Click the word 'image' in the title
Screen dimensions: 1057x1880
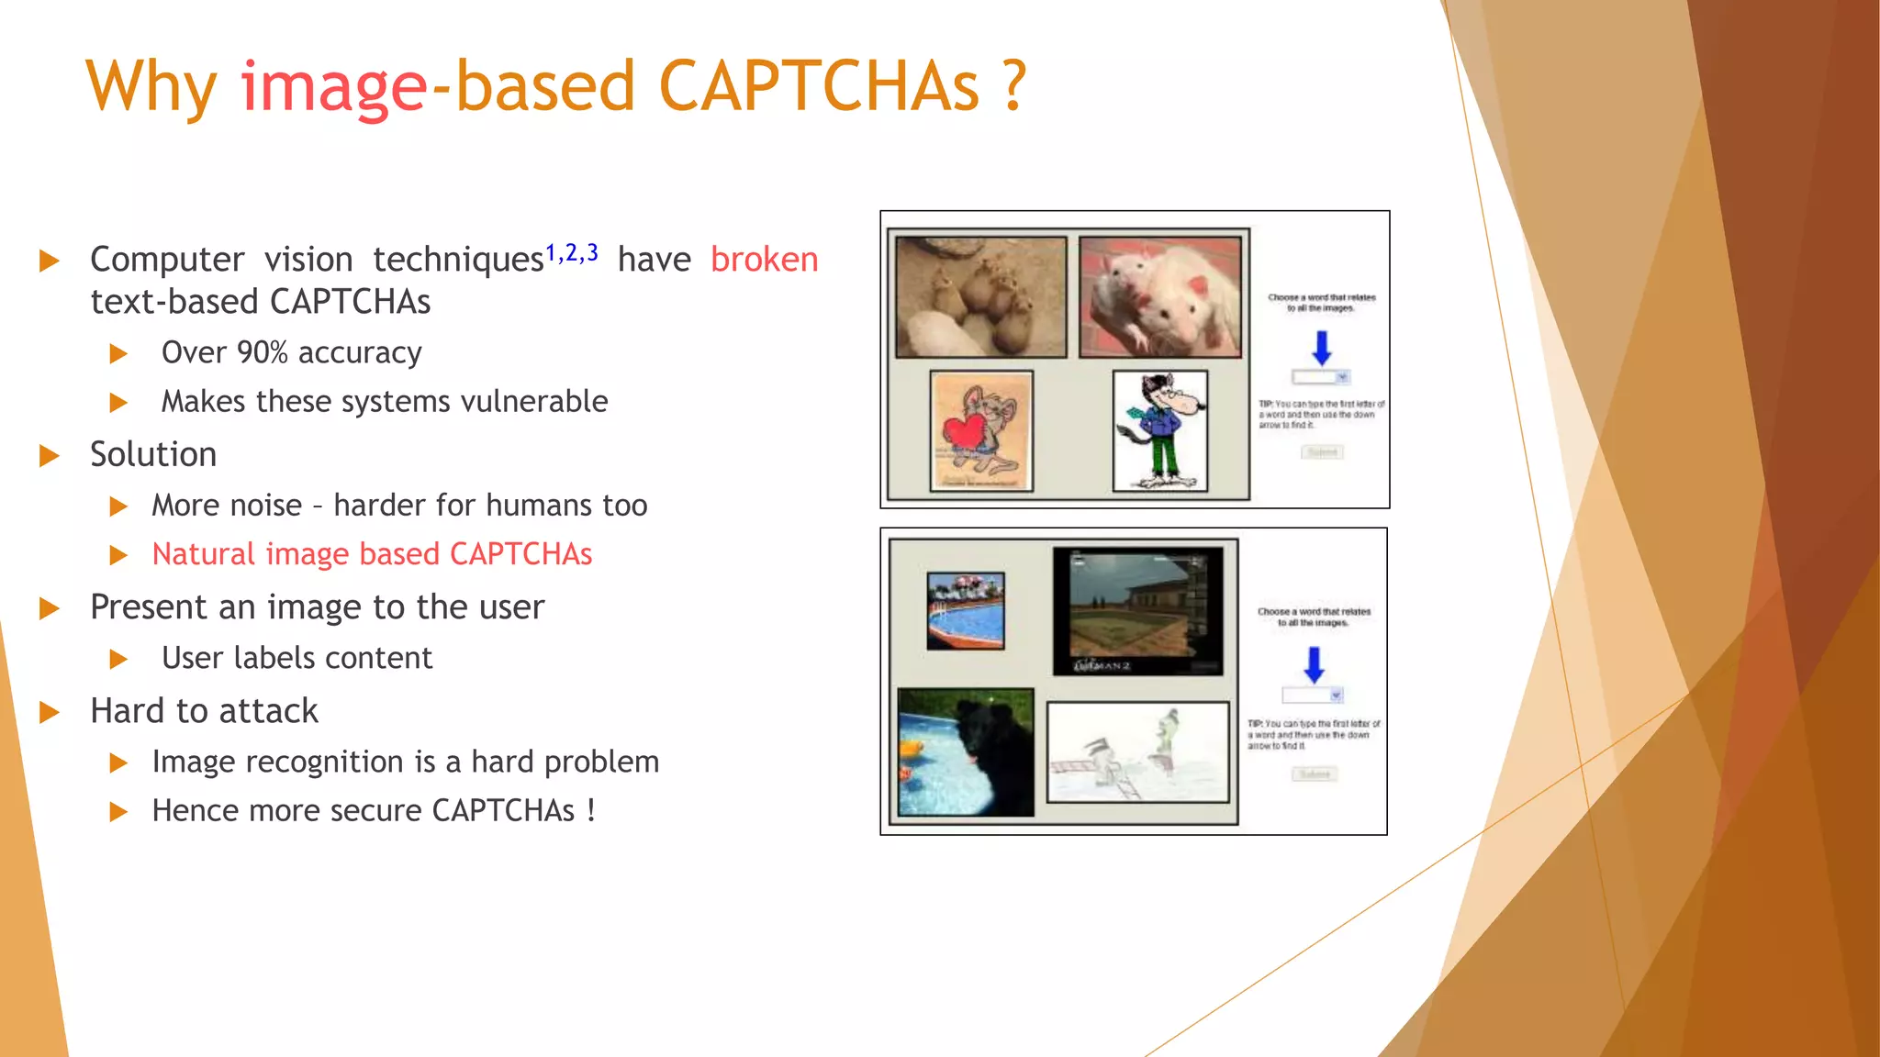tap(334, 87)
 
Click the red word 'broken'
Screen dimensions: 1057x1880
tap(764, 260)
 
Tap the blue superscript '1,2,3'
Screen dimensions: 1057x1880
tap(572, 253)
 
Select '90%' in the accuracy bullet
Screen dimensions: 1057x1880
tap(262, 352)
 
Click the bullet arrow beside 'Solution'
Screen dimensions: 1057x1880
tap(50, 456)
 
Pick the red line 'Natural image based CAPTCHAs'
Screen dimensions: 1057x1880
tap(372, 554)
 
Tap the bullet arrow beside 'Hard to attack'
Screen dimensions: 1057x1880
tap(50, 712)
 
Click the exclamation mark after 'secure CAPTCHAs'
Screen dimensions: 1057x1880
tap(591, 810)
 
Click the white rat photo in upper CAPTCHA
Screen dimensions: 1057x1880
tap(1160, 296)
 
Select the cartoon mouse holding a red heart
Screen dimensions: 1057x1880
tap(981, 430)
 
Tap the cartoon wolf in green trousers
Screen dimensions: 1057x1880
tap(1160, 430)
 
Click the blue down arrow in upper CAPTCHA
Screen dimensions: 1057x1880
tap(1322, 348)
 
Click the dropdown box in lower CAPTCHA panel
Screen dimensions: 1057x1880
tap(1313, 695)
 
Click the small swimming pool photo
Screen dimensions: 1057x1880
tap(965, 611)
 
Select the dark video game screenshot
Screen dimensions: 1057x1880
tap(1138, 610)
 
